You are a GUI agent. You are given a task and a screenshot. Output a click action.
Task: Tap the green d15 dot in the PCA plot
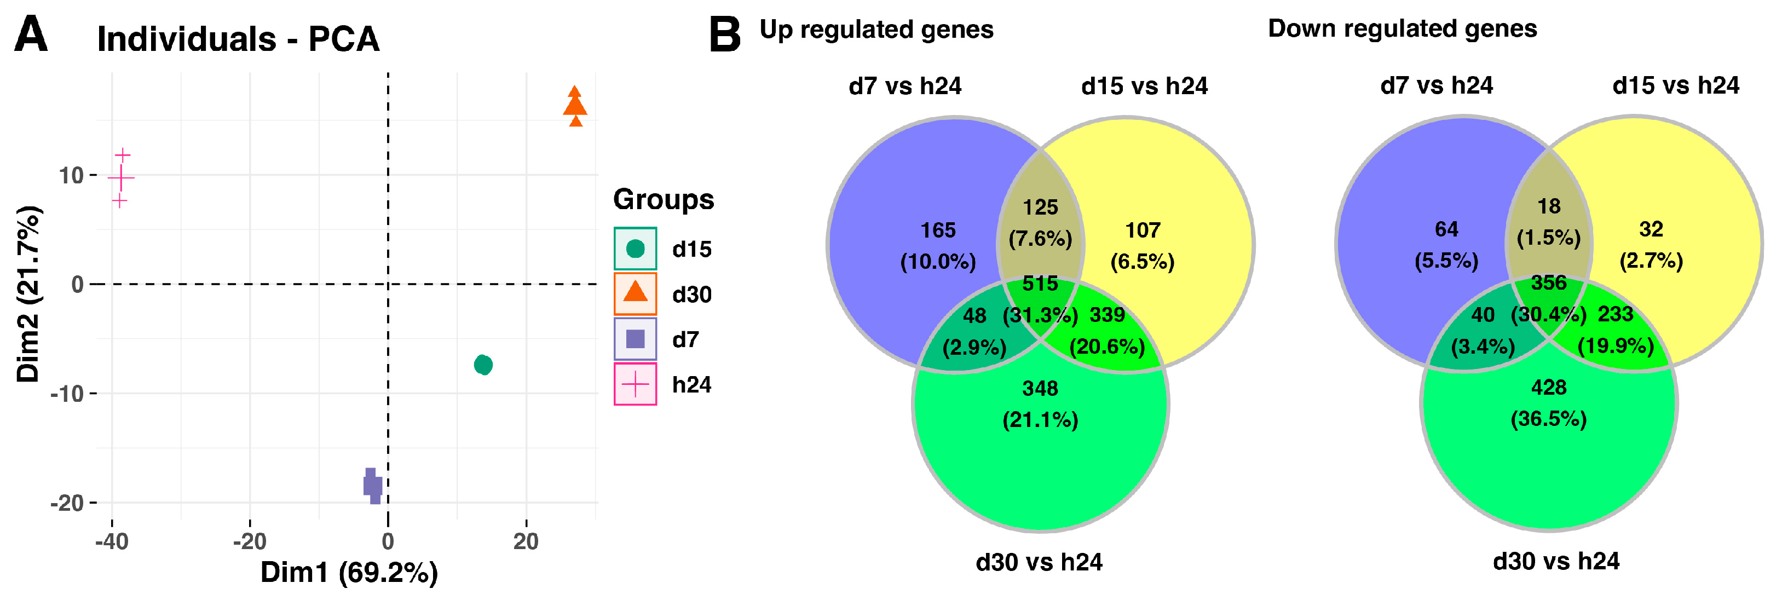click(483, 364)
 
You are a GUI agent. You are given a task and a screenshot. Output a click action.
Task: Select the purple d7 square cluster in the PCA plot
click(372, 485)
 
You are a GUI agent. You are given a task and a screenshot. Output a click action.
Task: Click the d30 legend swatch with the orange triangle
click(635, 293)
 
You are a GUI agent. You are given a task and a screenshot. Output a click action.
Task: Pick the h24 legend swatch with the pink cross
click(635, 384)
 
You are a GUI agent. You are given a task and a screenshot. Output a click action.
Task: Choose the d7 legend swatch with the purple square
click(635, 339)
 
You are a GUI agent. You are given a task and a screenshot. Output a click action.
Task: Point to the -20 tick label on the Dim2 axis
click(68, 503)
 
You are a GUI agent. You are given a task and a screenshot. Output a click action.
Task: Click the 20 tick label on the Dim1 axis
click(526, 541)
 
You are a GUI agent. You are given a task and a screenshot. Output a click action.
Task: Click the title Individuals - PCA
click(238, 39)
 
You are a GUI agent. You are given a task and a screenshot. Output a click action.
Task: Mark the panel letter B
click(725, 34)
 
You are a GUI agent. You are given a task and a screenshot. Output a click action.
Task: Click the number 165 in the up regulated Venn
click(937, 230)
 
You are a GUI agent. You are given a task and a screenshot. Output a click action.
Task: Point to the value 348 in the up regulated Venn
click(1040, 388)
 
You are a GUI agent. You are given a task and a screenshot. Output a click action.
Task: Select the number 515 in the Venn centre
click(1040, 283)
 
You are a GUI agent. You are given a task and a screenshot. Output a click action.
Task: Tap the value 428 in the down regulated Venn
click(1548, 388)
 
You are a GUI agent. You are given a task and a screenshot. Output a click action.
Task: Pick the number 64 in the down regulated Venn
click(1446, 229)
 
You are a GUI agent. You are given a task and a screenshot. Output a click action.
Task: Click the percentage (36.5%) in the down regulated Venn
click(1548, 419)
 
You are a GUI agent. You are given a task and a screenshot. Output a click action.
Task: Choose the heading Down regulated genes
click(1402, 29)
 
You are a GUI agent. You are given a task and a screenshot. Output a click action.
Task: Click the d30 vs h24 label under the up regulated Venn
click(1039, 562)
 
